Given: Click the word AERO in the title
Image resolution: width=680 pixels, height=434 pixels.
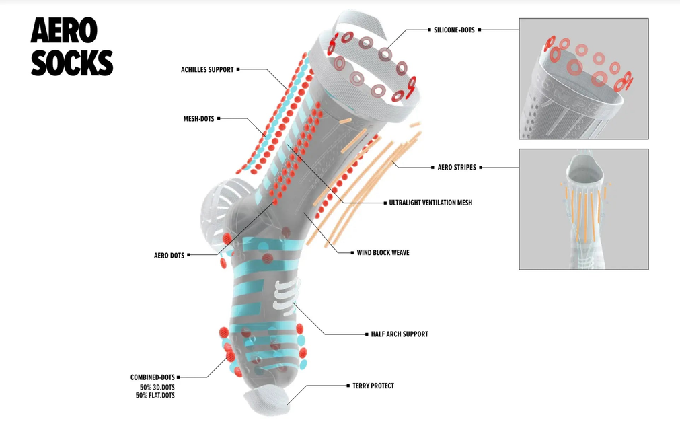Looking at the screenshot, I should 64,31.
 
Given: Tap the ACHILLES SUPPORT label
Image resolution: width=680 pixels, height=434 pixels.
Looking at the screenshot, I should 207,69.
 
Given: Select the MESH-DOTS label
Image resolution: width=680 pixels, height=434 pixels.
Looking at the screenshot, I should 198,119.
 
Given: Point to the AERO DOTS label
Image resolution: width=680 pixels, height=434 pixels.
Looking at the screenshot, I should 169,255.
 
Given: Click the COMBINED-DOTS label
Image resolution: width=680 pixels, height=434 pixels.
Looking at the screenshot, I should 153,377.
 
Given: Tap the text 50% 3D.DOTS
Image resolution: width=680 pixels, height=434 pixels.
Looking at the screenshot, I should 157,388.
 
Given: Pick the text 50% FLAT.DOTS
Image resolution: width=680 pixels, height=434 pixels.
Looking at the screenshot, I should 155,396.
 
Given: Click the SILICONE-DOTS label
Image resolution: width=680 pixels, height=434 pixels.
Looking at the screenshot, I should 454,30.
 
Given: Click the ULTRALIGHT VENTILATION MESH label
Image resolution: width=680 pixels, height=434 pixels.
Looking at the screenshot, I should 430,203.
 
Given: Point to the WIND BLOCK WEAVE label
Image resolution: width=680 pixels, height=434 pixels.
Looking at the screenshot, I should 383,253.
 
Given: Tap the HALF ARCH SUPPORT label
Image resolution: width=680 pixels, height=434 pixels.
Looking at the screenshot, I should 400,334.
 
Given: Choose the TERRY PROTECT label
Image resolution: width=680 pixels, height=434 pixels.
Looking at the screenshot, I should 373,386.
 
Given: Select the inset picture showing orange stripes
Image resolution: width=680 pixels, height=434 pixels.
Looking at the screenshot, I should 583,209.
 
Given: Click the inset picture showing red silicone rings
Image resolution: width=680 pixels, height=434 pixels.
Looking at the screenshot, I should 583,78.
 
